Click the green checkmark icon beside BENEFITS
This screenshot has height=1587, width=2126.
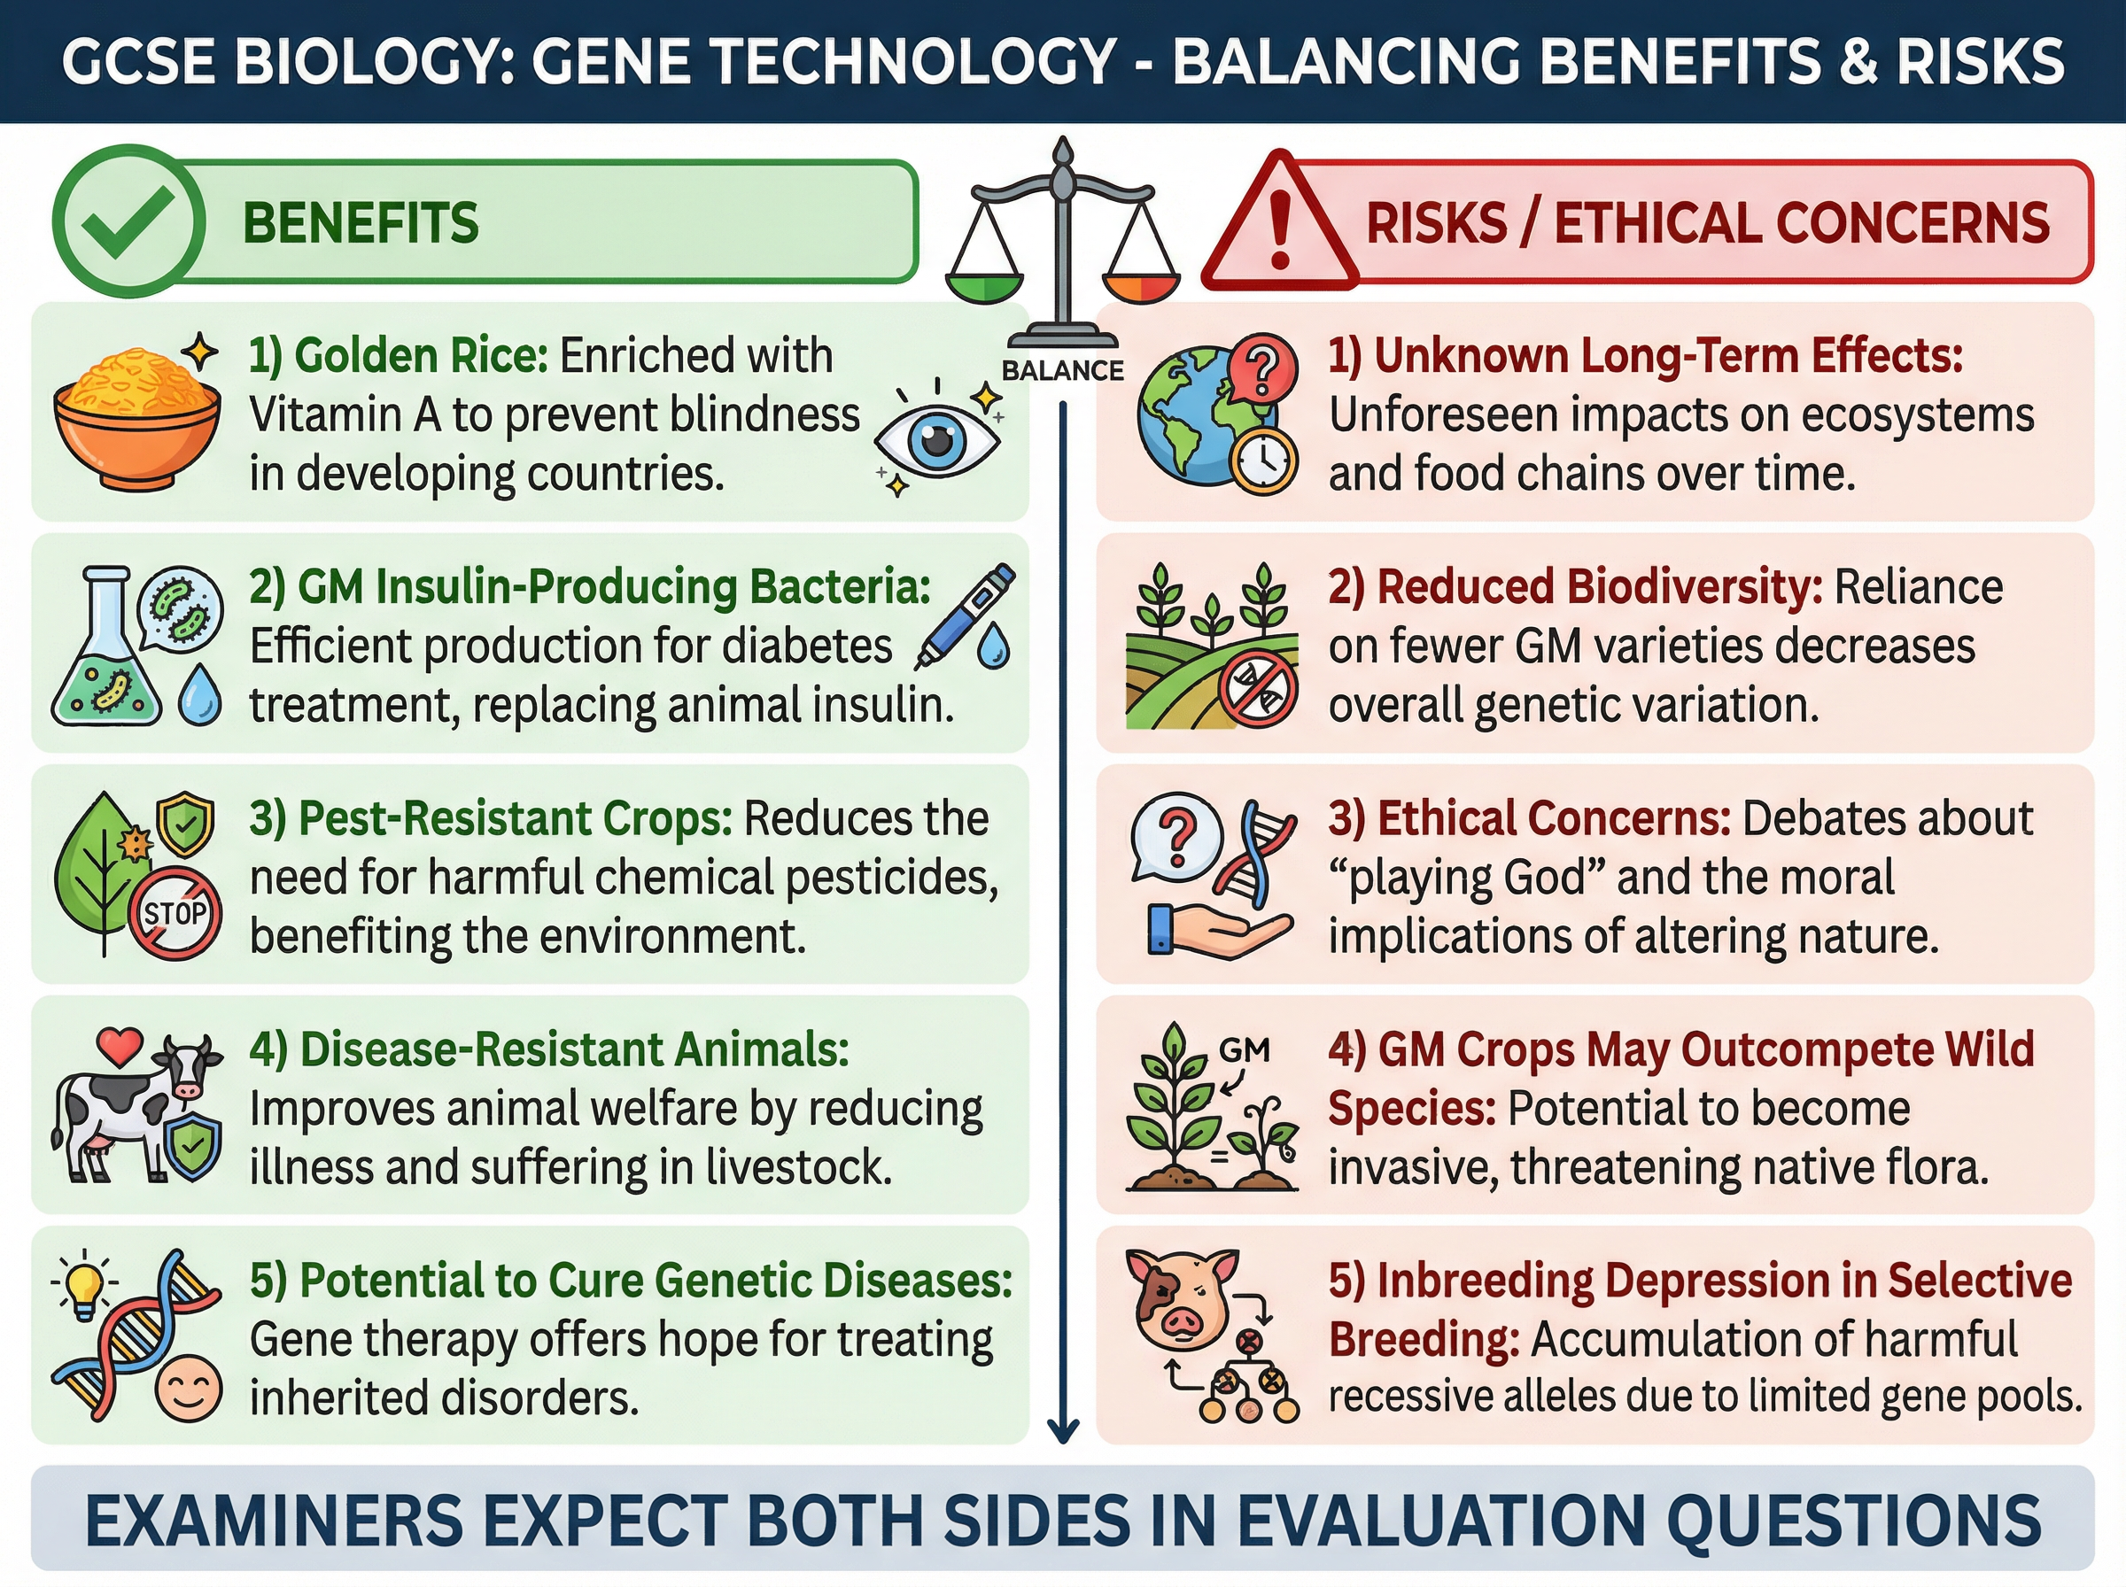pos(128,221)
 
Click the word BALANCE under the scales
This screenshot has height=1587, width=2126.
pos(1061,370)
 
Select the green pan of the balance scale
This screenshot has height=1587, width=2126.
pos(984,286)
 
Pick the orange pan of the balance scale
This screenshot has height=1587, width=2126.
pos(1140,286)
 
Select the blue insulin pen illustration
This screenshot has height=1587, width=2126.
pos(963,615)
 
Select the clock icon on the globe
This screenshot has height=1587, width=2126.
pos(1262,462)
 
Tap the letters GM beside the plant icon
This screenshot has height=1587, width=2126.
pos(1245,1050)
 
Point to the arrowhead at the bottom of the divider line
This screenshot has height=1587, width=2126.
pos(1062,1431)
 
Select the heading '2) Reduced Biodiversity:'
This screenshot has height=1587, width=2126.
pos(1576,587)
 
